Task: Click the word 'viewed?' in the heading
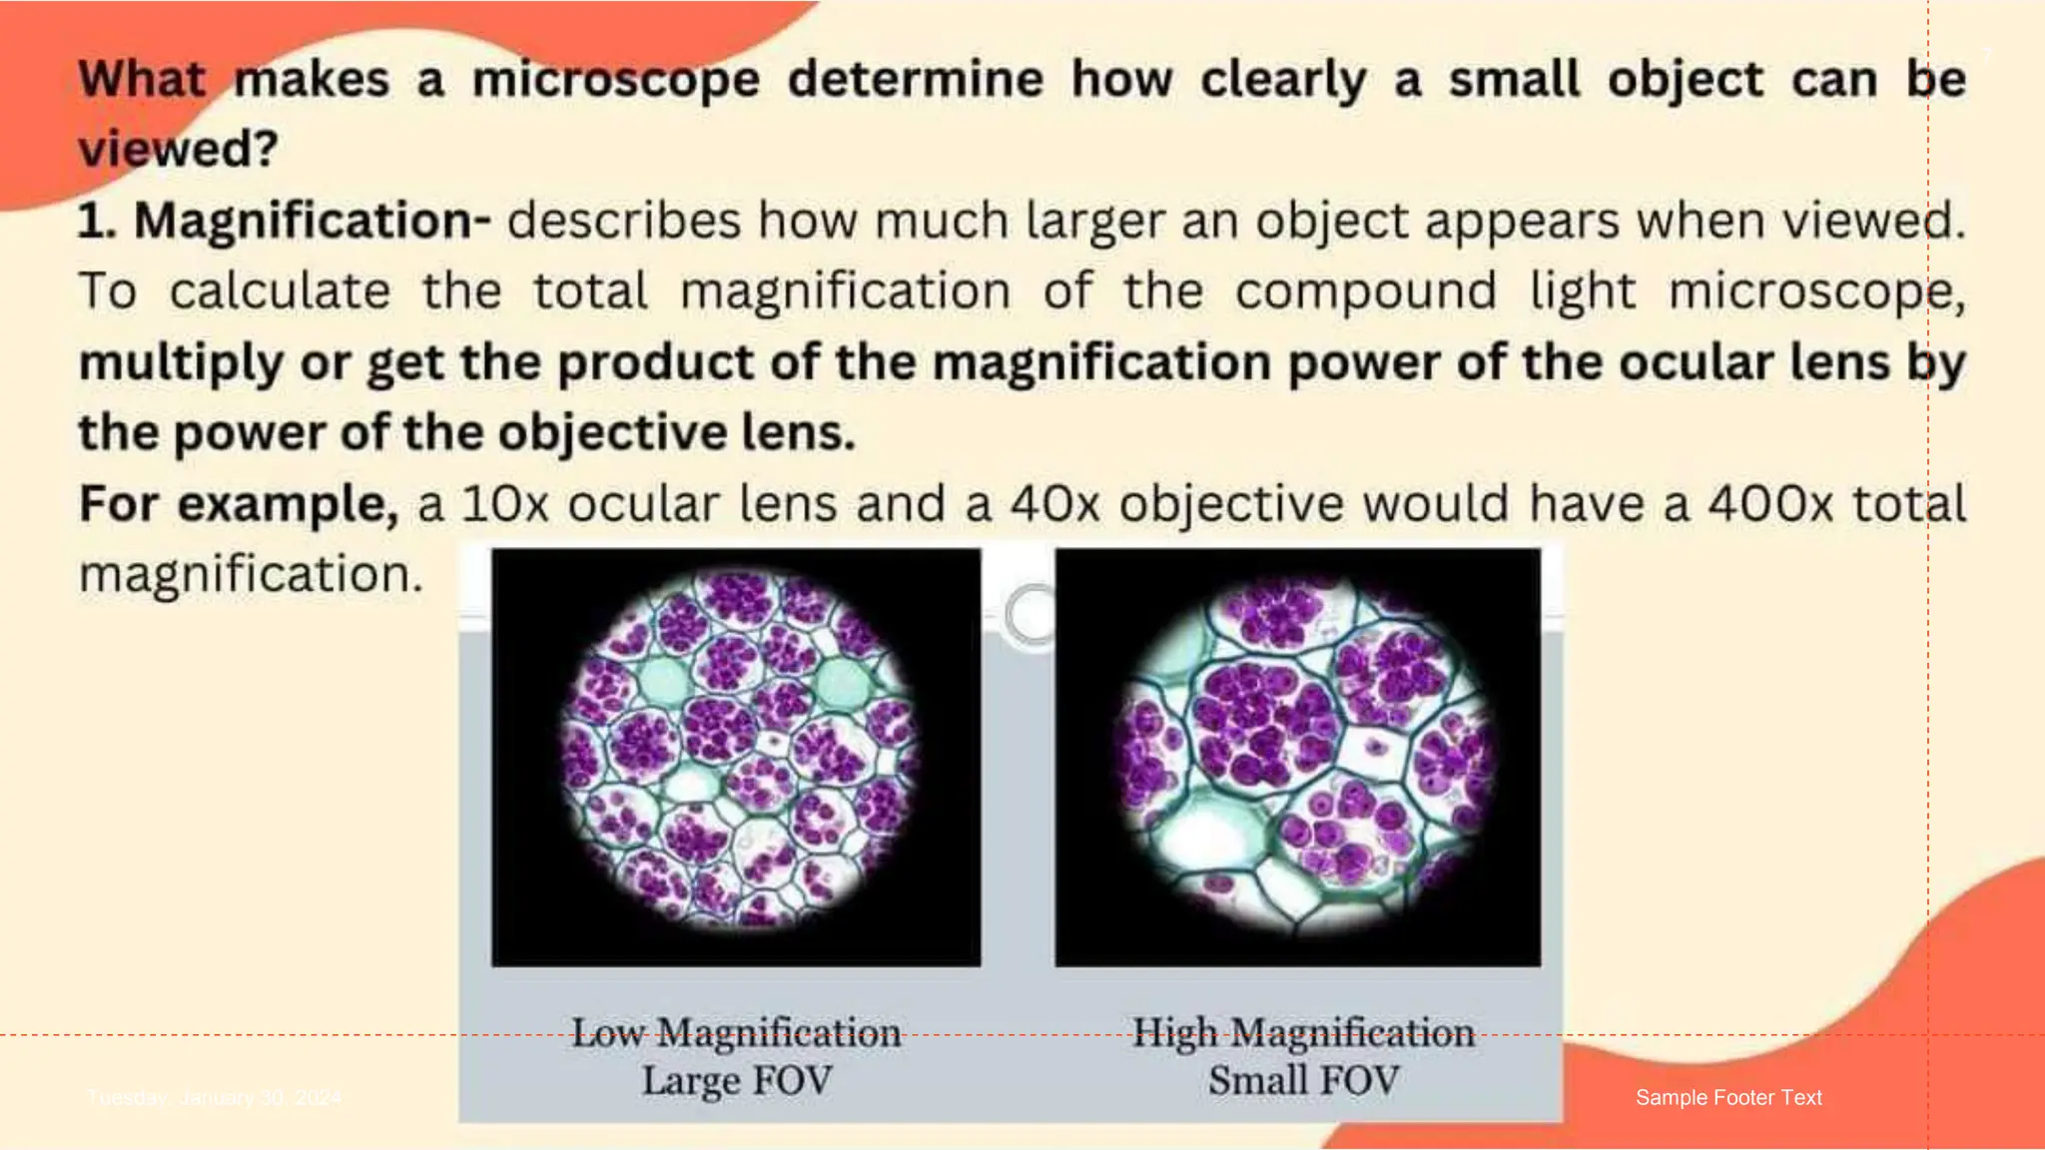[x=178, y=150]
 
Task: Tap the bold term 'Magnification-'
[x=313, y=221]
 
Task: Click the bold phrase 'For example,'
[x=239, y=504]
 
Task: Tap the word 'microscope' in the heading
[x=615, y=80]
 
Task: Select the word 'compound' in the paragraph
[x=1365, y=291]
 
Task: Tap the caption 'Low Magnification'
[x=736, y=1033]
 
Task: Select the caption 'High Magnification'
[x=1303, y=1033]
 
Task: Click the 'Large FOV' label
[x=736, y=1081]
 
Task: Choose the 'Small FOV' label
[x=1303, y=1081]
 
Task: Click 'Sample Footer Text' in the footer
[x=1728, y=1098]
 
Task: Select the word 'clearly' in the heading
[x=1283, y=80]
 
